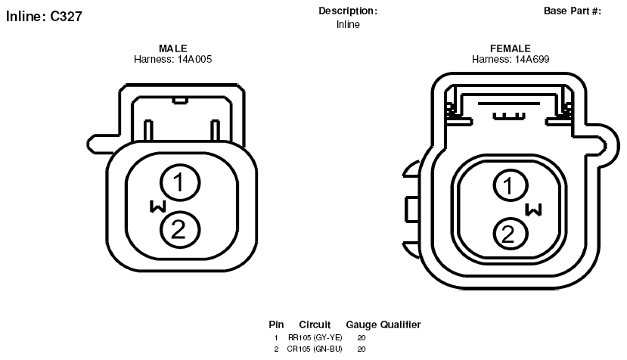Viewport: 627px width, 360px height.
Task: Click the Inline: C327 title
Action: click(44, 16)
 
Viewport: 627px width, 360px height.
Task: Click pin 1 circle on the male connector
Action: click(180, 182)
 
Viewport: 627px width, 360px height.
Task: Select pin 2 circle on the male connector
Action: click(180, 230)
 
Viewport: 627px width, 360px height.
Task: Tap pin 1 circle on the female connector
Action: click(511, 185)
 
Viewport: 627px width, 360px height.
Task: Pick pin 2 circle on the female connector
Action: click(511, 234)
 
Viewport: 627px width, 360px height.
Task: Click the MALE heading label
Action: click(172, 48)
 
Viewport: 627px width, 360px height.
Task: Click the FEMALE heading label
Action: click(511, 48)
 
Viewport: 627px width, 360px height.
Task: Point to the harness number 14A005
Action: click(194, 59)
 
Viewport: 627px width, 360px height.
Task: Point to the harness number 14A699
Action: click(532, 59)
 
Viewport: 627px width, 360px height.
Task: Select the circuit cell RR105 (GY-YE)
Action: click(315, 337)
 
